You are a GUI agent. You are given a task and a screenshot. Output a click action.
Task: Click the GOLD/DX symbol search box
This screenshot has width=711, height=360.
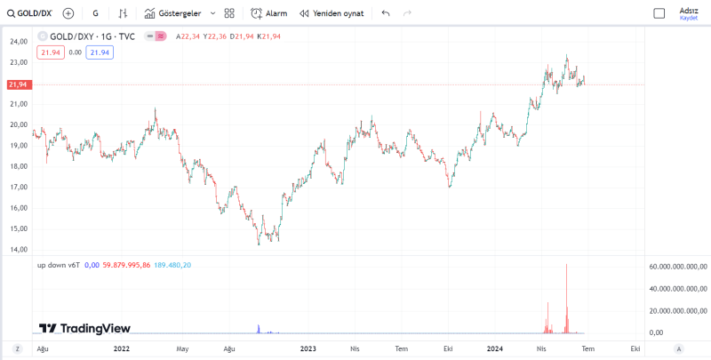pyautogui.click(x=30, y=13)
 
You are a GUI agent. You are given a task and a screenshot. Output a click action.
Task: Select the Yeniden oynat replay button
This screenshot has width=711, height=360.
pyautogui.click(x=332, y=13)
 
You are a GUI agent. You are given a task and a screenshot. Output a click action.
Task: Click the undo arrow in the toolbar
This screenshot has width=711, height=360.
pyautogui.click(x=386, y=13)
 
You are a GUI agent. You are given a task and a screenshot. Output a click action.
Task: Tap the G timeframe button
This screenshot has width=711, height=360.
pyautogui.click(x=95, y=13)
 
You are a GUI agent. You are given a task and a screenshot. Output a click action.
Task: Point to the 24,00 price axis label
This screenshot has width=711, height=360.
pyautogui.click(x=19, y=42)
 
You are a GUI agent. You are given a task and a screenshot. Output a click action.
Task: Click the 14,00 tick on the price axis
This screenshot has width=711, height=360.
pyautogui.click(x=19, y=249)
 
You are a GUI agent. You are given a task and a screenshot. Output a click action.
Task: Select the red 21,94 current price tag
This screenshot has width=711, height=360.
pyautogui.click(x=18, y=84)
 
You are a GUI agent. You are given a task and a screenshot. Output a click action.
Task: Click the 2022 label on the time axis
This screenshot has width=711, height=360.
pyautogui.click(x=123, y=348)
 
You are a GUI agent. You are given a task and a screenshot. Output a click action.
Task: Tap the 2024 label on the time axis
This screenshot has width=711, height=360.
pyautogui.click(x=494, y=348)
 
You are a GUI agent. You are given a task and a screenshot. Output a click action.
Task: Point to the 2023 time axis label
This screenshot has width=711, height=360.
pyautogui.click(x=308, y=348)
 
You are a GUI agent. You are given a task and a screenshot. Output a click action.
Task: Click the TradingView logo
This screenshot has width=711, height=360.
pyautogui.click(x=84, y=328)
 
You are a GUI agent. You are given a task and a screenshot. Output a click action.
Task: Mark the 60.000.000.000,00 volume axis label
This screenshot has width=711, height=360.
pyautogui.click(x=677, y=267)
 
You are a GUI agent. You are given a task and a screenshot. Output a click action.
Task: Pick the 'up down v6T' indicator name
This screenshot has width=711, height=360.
pyautogui.click(x=59, y=265)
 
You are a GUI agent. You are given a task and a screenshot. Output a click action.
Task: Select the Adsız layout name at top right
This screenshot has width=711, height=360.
pyautogui.click(x=689, y=10)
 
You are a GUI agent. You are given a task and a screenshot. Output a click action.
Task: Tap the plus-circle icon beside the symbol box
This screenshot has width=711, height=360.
pyautogui.click(x=68, y=13)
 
